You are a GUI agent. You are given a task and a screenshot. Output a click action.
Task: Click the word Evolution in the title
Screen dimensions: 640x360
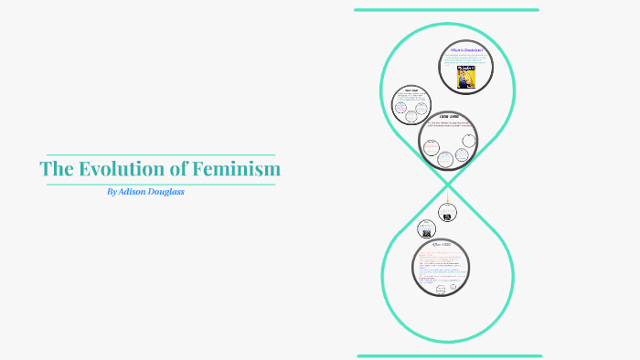coord(114,169)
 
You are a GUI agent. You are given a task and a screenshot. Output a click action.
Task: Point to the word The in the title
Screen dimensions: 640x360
coord(55,169)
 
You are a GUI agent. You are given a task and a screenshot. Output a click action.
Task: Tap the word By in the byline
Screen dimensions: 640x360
coord(112,192)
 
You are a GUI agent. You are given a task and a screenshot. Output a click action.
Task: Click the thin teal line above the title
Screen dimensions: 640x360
coord(160,155)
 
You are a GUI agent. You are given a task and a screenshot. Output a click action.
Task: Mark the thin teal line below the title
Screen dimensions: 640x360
coord(160,184)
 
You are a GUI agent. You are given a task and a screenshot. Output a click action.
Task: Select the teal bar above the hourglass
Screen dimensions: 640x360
coord(446,10)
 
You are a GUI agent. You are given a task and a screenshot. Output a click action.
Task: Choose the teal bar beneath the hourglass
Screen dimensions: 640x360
coord(449,355)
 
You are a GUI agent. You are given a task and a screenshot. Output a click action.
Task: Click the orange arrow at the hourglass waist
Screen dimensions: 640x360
coord(447,193)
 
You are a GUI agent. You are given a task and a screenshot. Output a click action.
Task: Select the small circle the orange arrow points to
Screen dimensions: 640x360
coord(446,213)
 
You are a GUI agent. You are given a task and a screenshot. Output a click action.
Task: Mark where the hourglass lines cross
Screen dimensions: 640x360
coord(448,184)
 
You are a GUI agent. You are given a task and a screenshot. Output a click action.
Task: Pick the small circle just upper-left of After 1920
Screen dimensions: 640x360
coord(425,228)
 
